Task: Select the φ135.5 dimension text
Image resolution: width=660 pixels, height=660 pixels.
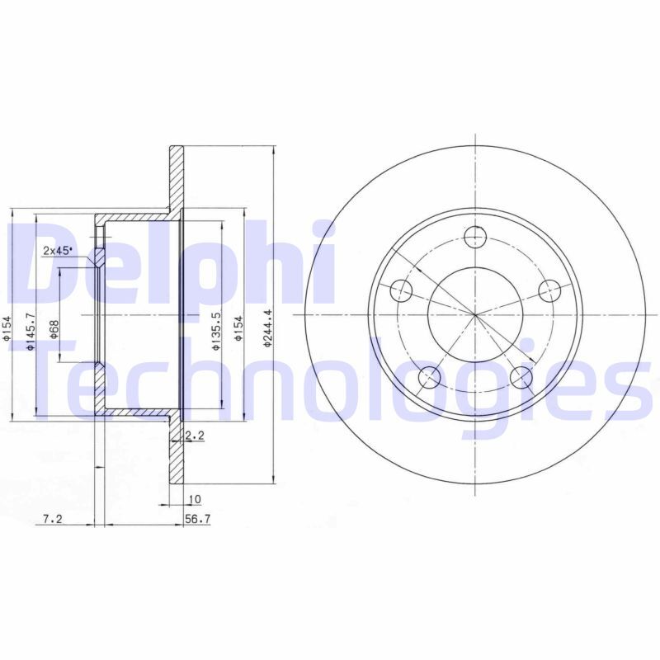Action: [x=215, y=331]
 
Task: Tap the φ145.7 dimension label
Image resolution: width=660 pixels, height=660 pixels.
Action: [x=31, y=332]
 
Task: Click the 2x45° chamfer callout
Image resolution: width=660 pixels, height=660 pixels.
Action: [x=58, y=250]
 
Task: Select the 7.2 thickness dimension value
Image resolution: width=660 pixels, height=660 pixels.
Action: [x=53, y=520]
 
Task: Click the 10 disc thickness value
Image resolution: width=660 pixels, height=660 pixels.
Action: [x=195, y=498]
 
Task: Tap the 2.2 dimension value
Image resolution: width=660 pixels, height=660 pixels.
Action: [x=195, y=435]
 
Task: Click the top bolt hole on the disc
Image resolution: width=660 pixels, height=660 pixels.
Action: [x=475, y=238]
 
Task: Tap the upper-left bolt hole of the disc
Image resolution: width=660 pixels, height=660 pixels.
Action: [x=400, y=290]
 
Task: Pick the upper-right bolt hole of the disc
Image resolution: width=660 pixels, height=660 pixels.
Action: [x=549, y=290]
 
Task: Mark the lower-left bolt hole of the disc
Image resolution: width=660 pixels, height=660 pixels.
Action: [x=429, y=378]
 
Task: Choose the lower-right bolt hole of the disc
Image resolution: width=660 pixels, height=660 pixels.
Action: [x=521, y=378]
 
